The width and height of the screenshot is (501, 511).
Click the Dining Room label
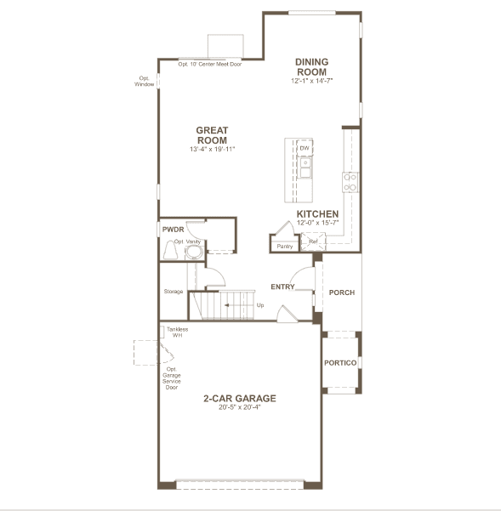pos(311,67)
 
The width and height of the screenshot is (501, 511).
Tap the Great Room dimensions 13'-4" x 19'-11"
pos(212,150)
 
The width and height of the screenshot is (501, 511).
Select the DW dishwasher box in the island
pos(305,148)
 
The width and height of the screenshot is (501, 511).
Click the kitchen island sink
pos(305,167)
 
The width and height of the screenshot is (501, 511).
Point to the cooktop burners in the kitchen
pos(350,182)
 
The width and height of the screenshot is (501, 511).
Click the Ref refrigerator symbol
pos(313,241)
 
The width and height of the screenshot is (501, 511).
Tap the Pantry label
pos(285,247)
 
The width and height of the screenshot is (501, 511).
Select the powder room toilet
pos(170,250)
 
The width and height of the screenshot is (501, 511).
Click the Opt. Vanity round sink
pos(194,252)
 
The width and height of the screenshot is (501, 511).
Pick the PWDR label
pos(173,230)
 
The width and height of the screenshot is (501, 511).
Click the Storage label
pos(173,292)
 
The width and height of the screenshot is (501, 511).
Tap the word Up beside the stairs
pos(260,305)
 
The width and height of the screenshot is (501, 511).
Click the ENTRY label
pos(282,287)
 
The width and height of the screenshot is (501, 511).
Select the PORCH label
pos(342,292)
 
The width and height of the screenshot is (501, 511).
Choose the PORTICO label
pos(340,363)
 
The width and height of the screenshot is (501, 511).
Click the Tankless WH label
pos(177,332)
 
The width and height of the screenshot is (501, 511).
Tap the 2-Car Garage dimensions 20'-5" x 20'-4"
pos(240,407)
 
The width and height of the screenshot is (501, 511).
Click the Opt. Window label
pos(144,81)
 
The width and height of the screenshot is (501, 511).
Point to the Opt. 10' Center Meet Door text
pos(210,65)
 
